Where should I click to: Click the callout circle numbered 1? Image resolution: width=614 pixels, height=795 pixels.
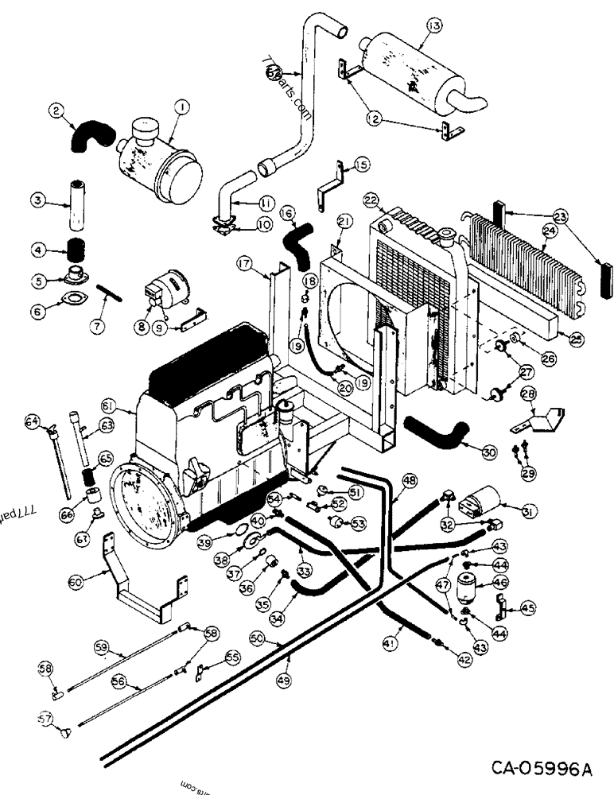point(182,107)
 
